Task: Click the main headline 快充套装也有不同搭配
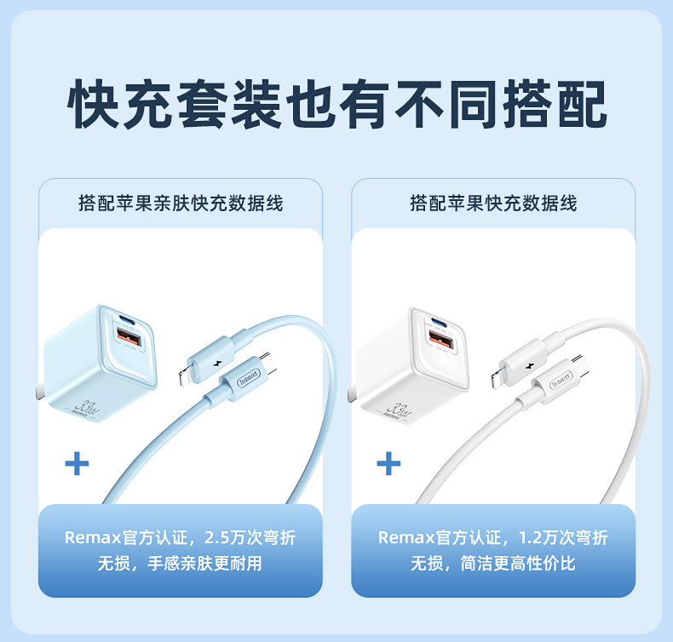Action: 337,104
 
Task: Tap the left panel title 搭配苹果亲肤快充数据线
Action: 181,203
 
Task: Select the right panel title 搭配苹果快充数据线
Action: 493,203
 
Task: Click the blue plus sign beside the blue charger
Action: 77,463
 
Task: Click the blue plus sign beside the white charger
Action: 388,463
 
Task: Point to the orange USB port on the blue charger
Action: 129,335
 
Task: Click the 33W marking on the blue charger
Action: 86,407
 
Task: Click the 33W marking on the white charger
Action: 399,410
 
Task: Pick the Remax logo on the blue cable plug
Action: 249,378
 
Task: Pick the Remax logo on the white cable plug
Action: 561,379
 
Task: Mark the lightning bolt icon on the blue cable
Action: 216,364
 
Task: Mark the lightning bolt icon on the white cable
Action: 529,366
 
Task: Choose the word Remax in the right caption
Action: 406,538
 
